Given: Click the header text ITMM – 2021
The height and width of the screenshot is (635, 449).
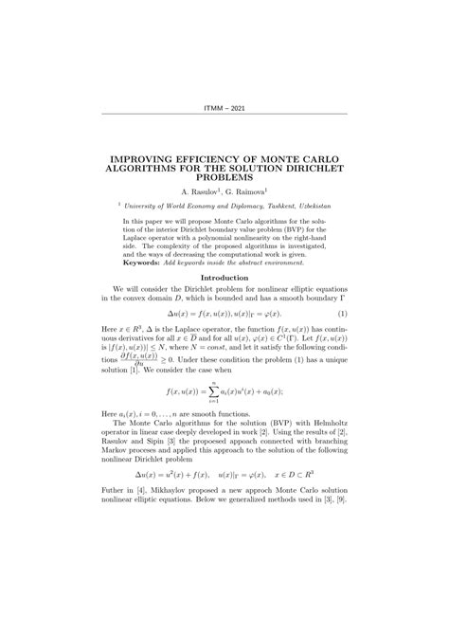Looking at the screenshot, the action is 224,107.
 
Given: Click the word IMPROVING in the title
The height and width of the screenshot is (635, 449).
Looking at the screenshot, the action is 147,158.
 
